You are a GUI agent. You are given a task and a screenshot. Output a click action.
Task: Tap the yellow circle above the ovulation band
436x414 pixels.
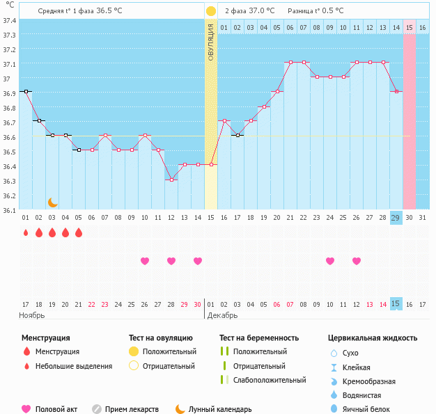pyautogui.click(x=211, y=11)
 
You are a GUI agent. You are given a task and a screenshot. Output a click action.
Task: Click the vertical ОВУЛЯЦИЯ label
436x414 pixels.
pyautogui.click(x=211, y=42)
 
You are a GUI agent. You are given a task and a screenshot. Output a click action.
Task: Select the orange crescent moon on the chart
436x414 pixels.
pyautogui.click(x=52, y=202)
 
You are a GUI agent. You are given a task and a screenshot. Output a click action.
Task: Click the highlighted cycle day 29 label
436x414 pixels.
pyautogui.click(x=396, y=218)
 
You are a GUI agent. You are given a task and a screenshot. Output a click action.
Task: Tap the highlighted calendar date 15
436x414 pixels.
pyautogui.click(x=396, y=304)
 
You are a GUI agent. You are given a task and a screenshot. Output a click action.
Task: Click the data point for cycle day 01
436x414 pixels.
pyautogui.click(x=26, y=91)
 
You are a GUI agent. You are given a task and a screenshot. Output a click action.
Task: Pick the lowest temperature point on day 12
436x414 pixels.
pyautogui.click(x=171, y=180)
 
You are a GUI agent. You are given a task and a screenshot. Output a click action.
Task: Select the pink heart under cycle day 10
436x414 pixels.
pyautogui.click(x=145, y=261)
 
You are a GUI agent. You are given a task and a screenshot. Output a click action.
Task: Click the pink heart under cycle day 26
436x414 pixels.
pyautogui.click(x=357, y=261)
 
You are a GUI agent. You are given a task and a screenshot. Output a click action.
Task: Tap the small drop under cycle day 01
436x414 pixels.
pyautogui.click(x=26, y=233)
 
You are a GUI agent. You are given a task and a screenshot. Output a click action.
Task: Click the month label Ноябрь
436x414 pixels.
pyautogui.click(x=32, y=315)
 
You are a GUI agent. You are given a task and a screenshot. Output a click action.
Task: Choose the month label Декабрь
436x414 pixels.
pyautogui.click(x=223, y=315)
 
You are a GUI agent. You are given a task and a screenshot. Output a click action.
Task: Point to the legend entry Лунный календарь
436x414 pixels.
pyautogui.click(x=220, y=409)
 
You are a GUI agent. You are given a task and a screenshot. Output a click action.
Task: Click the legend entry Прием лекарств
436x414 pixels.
pyautogui.click(x=132, y=409)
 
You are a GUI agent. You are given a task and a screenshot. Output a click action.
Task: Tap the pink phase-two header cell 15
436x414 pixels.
pyautogui.click(x=409, y=27)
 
